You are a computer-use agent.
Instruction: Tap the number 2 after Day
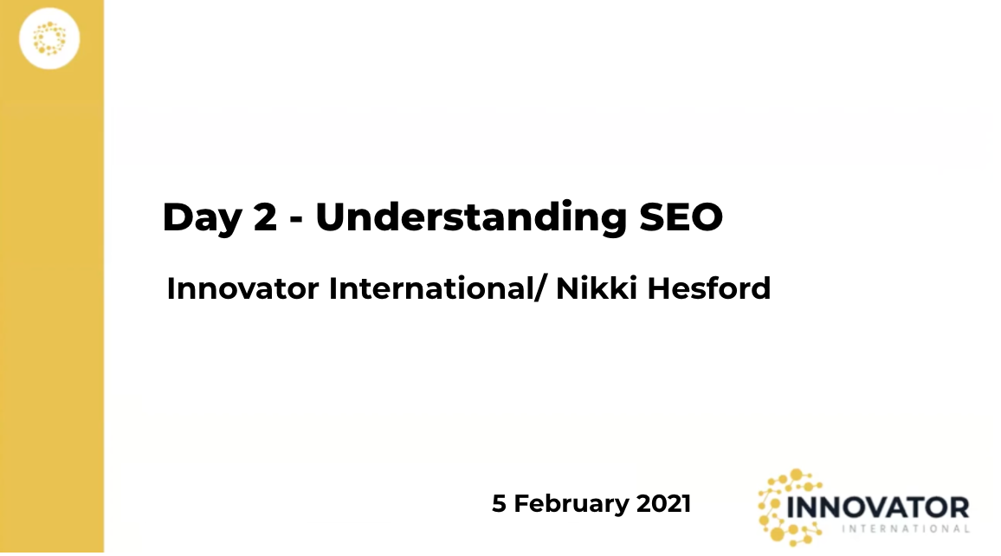pyautogui.click(x=266, y=217)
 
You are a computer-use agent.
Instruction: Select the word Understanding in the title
pyautogui.click(x=471, y=217)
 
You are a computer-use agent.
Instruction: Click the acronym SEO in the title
pyautogui.click(x=681, y=217)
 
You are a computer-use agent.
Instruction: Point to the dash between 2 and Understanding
pyautogui.click(x=295, y=220)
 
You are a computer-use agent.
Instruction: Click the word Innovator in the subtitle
pyautogui.click(x=242, y=288)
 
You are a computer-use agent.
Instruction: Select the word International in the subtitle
pyautogui.click(x=431, y=288)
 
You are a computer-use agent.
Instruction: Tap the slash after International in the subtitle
pyautogui.click(x=540, y=288)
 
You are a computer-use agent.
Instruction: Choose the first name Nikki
pyautogui.click(x=597, y=288)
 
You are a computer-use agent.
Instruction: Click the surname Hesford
pyautogui.click(x=708, y=288)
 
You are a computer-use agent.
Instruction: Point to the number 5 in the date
pyautogui.click(x=499, y=504)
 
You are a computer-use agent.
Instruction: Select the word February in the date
pyautogui.click(x=572, y=504)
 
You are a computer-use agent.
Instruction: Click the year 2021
pyautogui.click(x=663, y=504)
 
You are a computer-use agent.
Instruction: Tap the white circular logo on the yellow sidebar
pyautogui.click(x=49, y=38)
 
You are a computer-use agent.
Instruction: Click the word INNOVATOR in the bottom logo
pyautogui.click(x=878, y=508)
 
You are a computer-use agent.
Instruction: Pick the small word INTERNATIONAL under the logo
pyautogui.click(x=906, y=528)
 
